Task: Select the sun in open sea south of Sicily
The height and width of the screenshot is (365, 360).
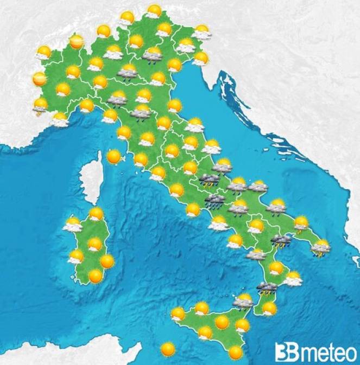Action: [x=168, y=348]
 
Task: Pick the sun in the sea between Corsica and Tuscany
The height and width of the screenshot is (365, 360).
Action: [x=114, y=157]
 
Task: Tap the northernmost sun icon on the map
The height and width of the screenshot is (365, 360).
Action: [x=154, y=10]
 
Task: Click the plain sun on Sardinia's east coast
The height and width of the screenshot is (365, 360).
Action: [x=107, y=261]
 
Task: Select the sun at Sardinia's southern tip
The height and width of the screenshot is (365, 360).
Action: [x=96, y=276]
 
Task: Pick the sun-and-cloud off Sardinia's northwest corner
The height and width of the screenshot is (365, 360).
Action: [x=73, y=223]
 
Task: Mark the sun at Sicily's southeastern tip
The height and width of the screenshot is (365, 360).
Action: [x=235, y=352]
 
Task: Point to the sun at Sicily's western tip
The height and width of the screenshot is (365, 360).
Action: [x=178, y=313]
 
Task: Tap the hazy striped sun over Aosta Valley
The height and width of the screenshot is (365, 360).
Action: [x=77, y=41]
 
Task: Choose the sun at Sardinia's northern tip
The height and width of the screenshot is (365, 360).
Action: [x=96, y=213]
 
